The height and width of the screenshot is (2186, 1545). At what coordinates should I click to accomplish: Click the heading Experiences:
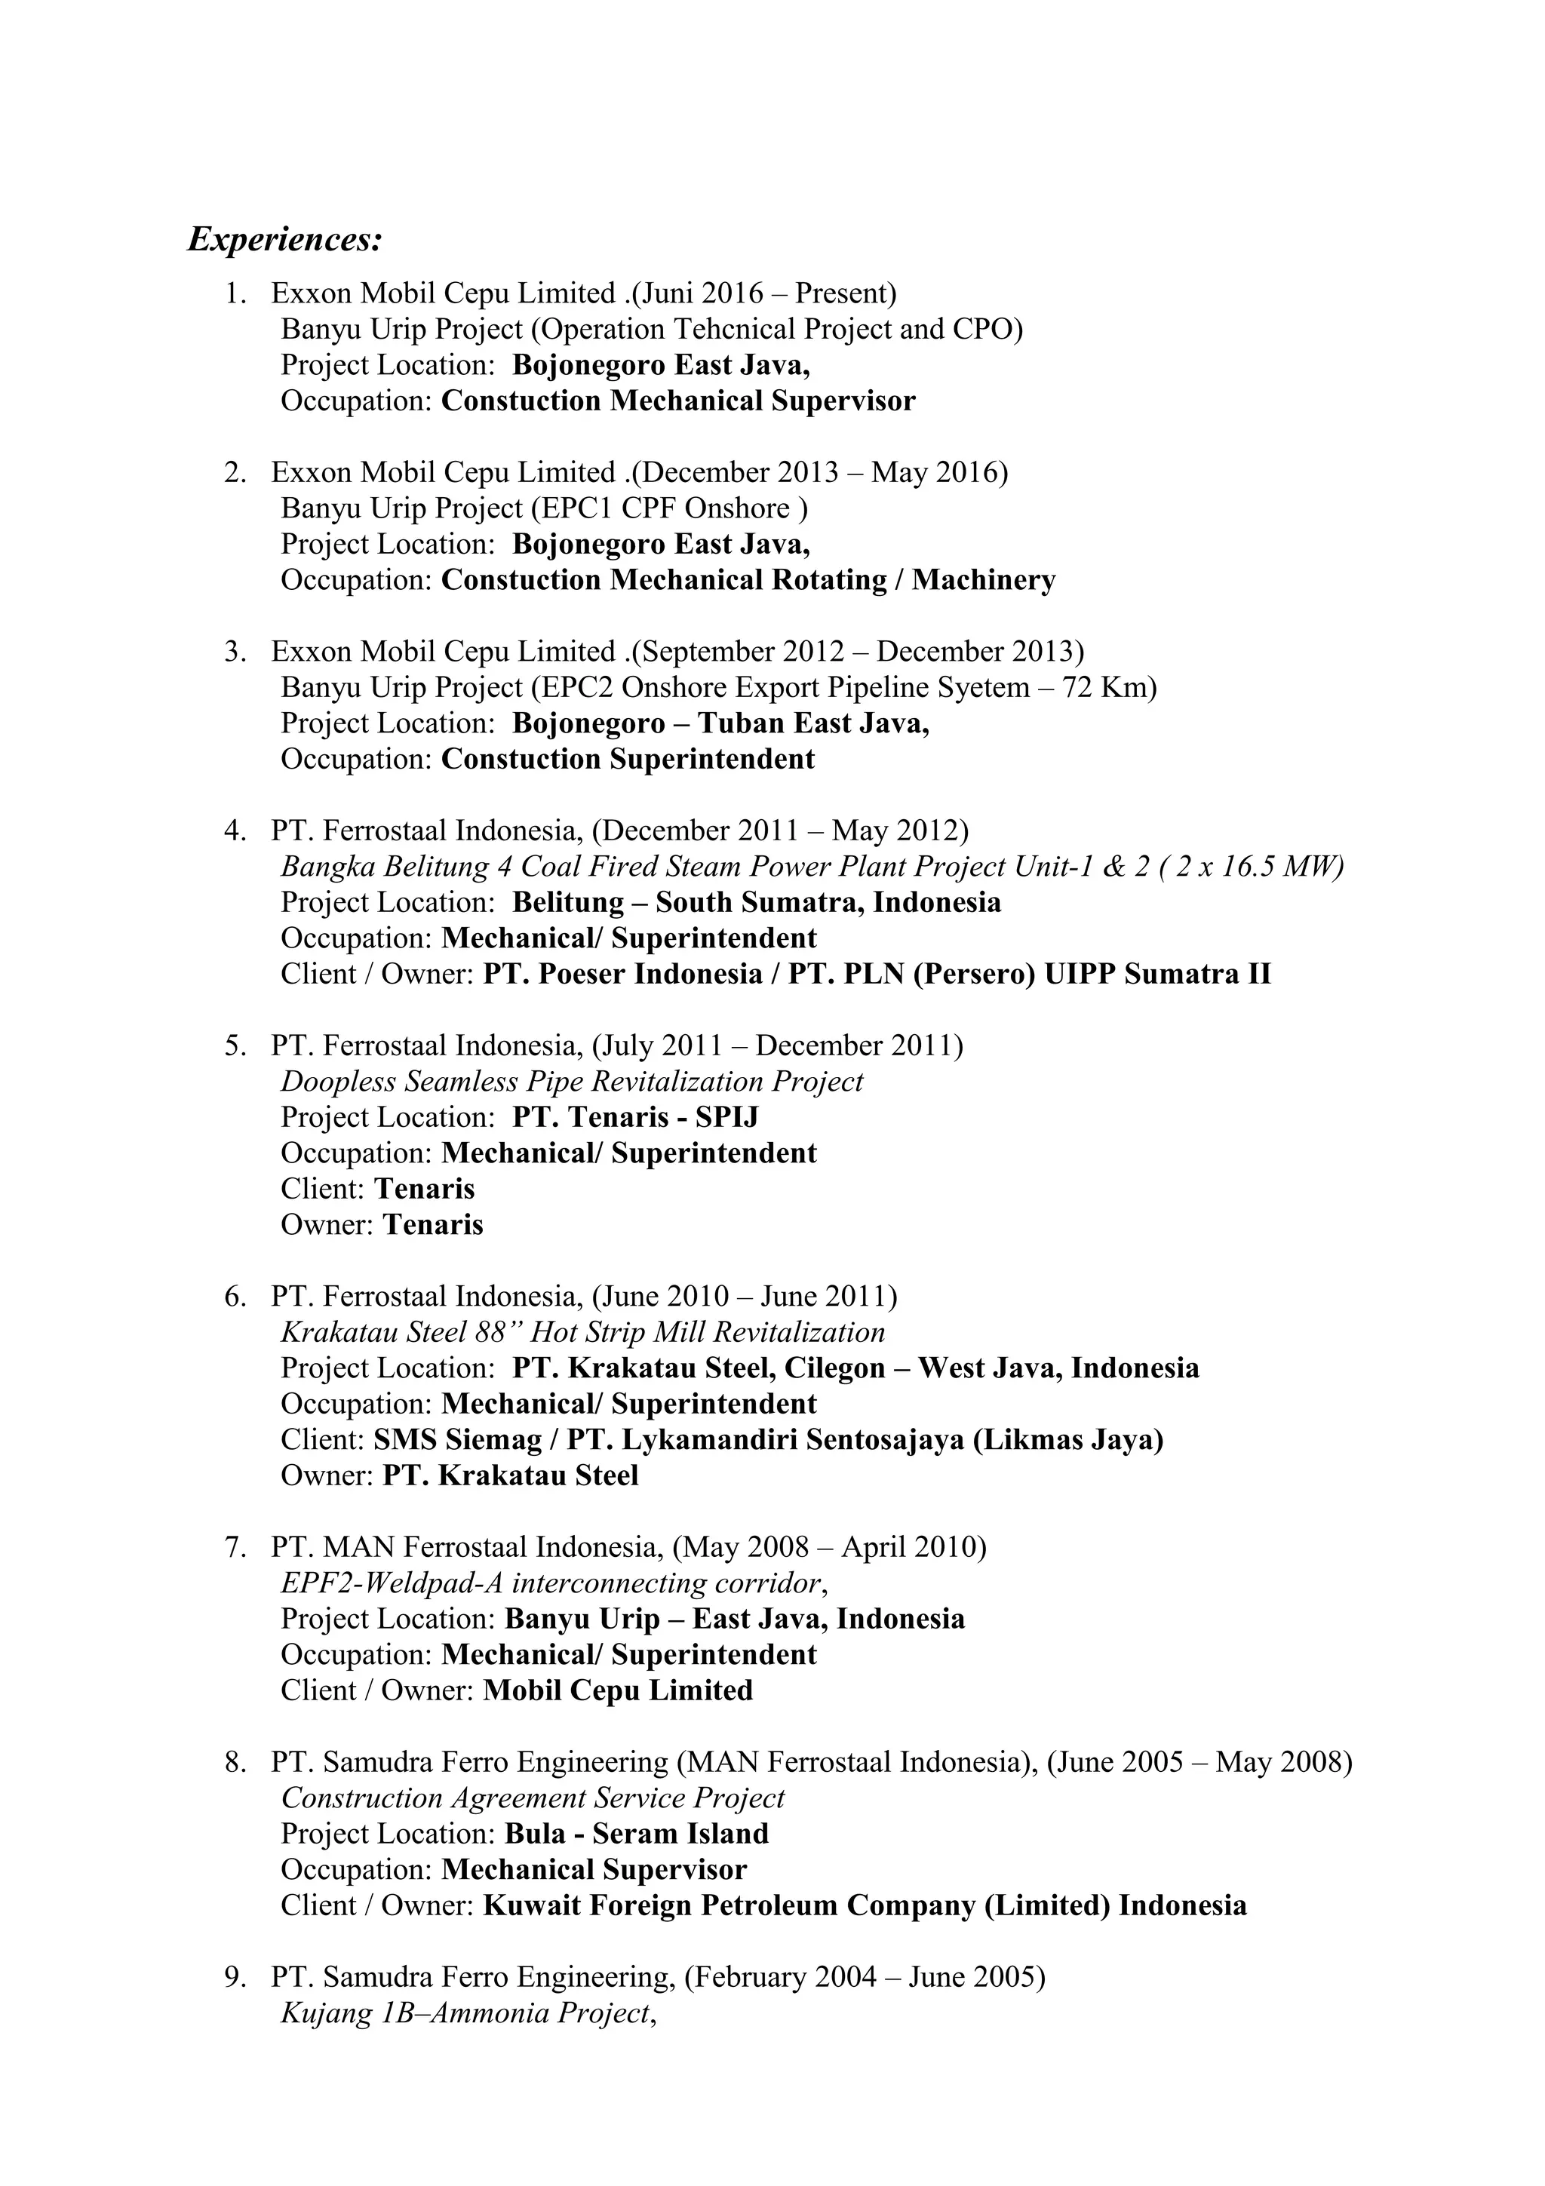tap(284, 239)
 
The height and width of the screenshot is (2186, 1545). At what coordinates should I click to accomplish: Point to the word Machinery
tap(984, 580)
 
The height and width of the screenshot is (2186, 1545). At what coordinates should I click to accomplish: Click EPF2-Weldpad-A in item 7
tap(392, 1583)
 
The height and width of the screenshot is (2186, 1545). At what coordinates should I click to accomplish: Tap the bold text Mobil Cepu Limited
tap(617, 1691)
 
